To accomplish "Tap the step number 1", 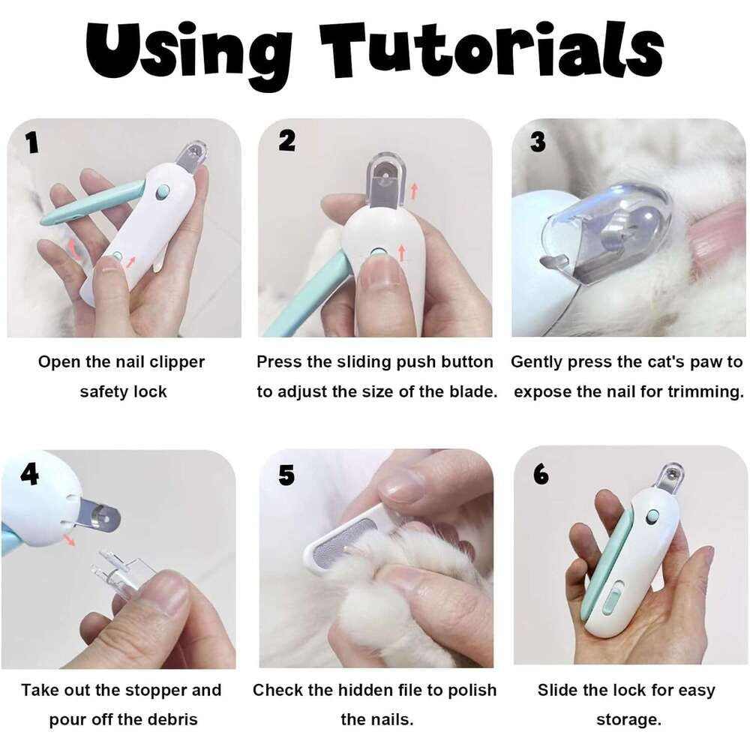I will (x=31, y=142).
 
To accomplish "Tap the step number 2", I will (x=286, y=141).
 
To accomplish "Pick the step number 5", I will (x=286, y=475).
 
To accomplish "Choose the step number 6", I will (x=541, y=475).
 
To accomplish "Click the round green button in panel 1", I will (x=162, y=192).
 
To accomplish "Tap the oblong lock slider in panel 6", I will (x=610, y=600).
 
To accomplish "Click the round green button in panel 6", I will (x=652, y=516).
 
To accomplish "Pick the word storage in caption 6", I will (x=628, y=719).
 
